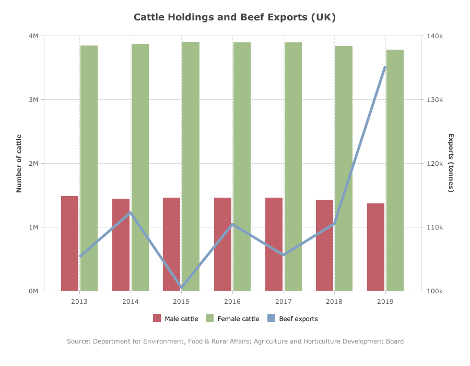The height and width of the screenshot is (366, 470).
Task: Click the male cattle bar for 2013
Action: pos(69,243)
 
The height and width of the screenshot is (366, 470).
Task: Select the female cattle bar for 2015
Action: pos(191,166)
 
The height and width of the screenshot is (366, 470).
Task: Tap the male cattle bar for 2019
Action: pos(375,247)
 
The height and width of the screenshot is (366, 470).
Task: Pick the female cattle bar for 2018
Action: pos(344,168)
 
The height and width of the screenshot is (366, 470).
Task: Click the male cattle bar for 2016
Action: pos(222,244)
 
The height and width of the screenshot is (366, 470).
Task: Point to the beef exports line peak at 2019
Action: pos(385,67)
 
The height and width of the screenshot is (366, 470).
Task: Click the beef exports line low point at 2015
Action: pos(182,288)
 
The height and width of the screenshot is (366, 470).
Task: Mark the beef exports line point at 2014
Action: pos(131,213)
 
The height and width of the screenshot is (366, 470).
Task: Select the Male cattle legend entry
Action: pos(175,318)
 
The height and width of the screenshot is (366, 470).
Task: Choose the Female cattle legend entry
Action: pos(232,318)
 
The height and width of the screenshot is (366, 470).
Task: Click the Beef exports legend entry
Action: pos(292,318)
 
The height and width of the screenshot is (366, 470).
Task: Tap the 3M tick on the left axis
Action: pos(33,99)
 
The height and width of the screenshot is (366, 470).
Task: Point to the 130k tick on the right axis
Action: pos(434,99)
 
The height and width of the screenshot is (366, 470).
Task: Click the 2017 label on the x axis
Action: pos(283,302)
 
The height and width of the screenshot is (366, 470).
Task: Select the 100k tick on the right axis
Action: pos(434,291)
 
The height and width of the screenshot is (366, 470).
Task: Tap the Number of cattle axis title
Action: pos(19,164)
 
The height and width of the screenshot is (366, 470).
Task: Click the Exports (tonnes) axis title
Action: pos(451,163)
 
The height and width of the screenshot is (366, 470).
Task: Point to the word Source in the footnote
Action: pos(78,341)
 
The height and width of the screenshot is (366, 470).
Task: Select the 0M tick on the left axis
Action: pos(33,291)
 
